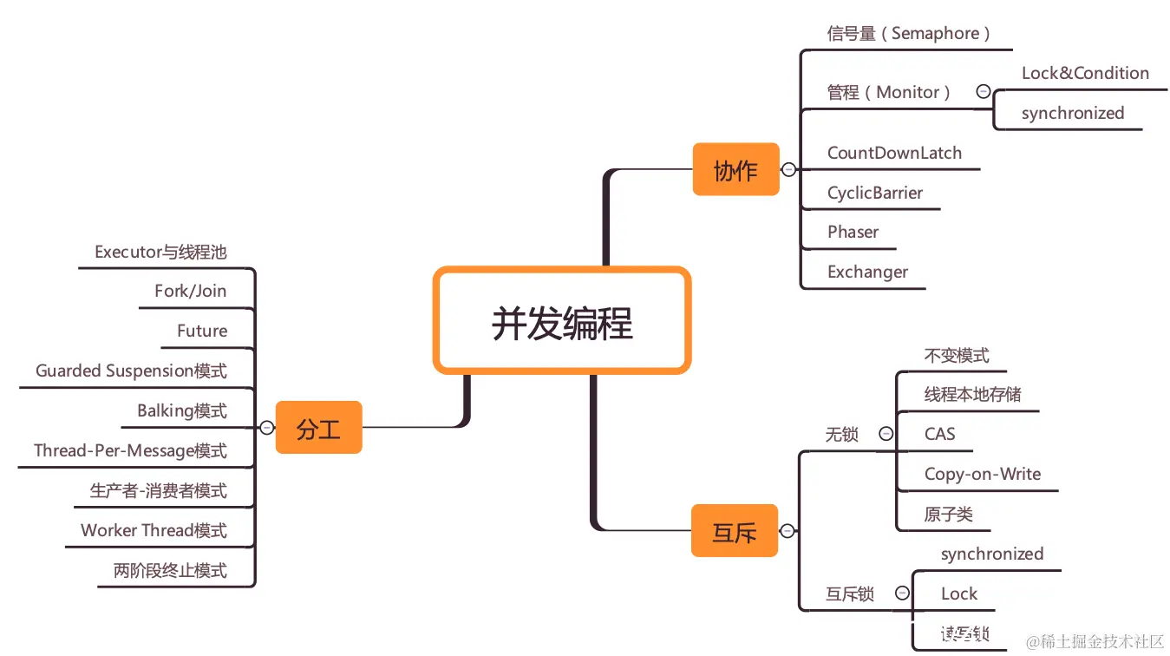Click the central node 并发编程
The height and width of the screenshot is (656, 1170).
pyautogui.click(x=562, y=322)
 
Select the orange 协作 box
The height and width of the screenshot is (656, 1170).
pyautogui.click(x=735, y=170)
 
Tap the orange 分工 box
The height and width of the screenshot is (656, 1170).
pyautogui.click(x=318, y=428)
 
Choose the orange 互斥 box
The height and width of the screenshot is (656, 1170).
pyautogui.click(x=735, y=531)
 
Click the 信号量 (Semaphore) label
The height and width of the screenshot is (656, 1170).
pyautogui.click(x=908, y=34)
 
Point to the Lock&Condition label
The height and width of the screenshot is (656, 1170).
pyautogui.click(x=1085, y=74)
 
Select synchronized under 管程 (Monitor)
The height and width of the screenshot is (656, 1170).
pyautogui.click(x=1072, y=114)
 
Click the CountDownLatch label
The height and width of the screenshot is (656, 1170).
pyautogui.click(x=894, y=154)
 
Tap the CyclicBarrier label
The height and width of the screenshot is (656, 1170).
pyautogui.click(x=874, y=194)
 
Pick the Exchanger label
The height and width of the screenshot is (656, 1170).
pyautogui.click(x=867, y=272)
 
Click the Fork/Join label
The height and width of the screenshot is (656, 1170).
pyautogui.click(x=190, y=292)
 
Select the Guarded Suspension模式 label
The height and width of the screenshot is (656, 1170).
pyautogui.click(x=131, y=371)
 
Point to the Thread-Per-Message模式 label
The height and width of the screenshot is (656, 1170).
pyautogui.click(x=130, y=451)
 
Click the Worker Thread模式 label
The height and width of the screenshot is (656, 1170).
pyautogui.click(x=154, y=531)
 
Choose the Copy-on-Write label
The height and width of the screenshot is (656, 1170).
pyautogui.click(x=982, y=475)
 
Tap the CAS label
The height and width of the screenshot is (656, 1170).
pyautogui.click(x=939, y=435)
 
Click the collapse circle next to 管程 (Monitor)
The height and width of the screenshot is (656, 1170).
pyautogui.click(x=983, y=91)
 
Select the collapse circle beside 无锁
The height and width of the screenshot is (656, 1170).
pyautogui.click(x=886, y=434)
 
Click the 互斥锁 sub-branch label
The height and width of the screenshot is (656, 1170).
pyautogui.click(x=849, y=595)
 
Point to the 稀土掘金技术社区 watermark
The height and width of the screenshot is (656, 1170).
pyautogui.click(x=1095, y=641)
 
